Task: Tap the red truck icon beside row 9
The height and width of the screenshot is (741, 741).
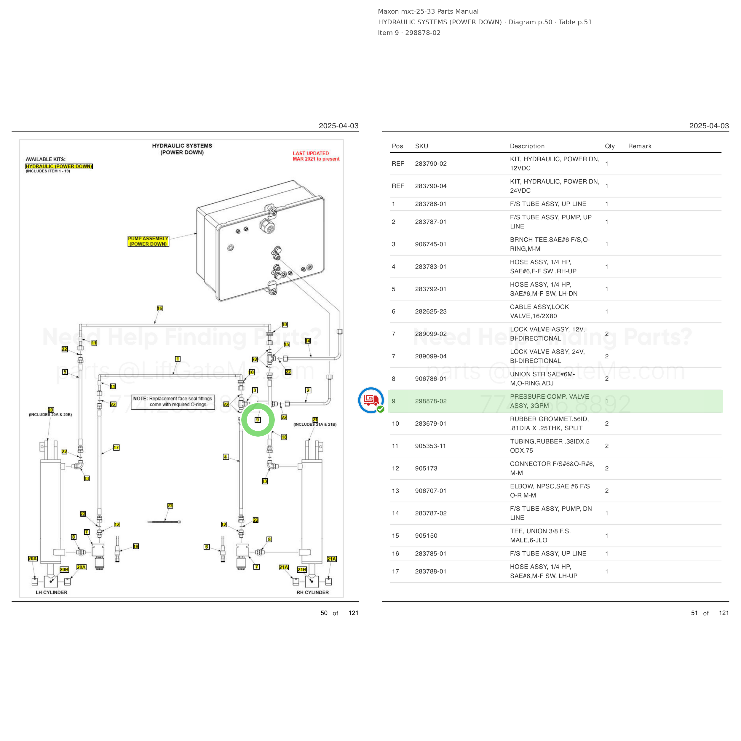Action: coord(371,400)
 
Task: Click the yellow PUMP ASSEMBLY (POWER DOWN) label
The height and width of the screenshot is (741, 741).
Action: coord(148,241)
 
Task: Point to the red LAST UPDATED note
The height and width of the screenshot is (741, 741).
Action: coord(316,156)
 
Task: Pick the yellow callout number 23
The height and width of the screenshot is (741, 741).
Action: coord(170,505)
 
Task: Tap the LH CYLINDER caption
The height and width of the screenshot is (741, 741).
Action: coord(51,592)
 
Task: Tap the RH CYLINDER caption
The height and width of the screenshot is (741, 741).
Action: coord(313,592)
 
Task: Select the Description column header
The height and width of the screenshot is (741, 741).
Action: coord(527,146)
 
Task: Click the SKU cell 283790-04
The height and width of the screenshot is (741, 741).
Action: coord(431,186)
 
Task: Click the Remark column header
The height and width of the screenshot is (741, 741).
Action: coord(640,146)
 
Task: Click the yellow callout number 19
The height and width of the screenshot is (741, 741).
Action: coord(136,546)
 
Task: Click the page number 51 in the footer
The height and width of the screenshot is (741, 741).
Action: coord(694,613)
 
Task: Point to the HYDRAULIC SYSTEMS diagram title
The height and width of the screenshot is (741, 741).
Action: coord(182,149)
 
